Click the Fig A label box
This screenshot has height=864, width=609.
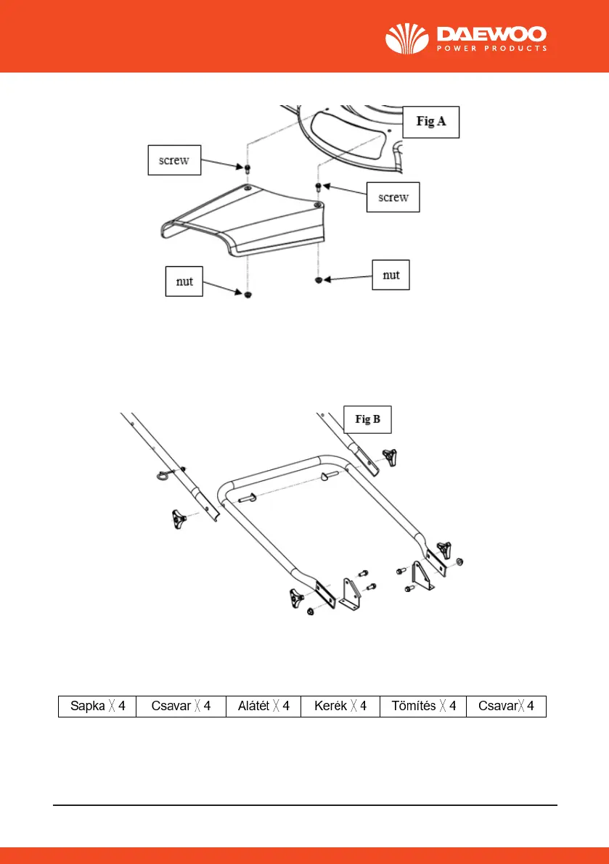pos(430,122)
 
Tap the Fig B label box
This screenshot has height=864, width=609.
pos(367,419)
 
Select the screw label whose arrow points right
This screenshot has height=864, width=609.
pos(173,160)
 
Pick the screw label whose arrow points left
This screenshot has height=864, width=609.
pos(393,196)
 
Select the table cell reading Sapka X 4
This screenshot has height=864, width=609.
pos(97,707)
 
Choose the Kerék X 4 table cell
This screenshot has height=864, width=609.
pos(340,707)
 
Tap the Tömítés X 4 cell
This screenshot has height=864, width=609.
pos(423,707)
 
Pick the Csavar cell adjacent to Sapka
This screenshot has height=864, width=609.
pos(181,707)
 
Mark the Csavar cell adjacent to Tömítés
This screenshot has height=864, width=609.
pos(506,707)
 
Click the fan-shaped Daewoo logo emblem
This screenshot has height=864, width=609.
pos(408,40)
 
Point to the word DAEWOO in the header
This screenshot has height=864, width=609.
pos(491,34)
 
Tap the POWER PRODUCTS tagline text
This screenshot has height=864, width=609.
pos(491,49)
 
